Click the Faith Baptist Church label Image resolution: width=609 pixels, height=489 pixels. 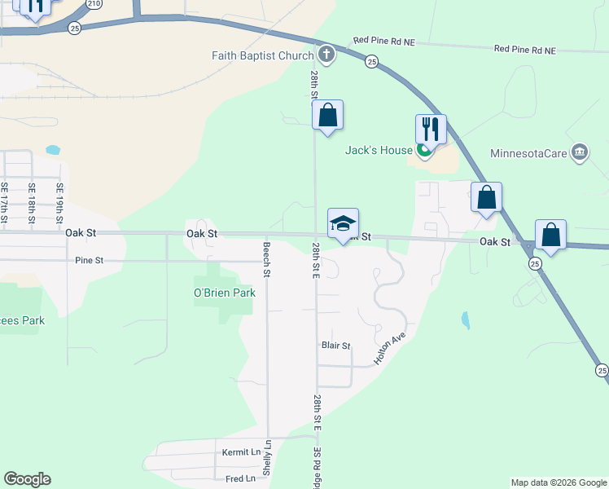262,55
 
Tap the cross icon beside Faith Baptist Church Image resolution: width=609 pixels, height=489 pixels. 326,55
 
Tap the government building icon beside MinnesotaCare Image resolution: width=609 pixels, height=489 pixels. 580,152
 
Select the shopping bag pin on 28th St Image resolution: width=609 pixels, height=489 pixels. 327,115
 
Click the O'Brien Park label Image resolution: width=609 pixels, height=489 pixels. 225,293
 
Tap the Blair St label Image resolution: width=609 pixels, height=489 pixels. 335,346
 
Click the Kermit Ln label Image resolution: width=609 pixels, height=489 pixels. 242,452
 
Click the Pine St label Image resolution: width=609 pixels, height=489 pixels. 89,261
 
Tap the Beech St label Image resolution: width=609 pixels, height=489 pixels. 266,259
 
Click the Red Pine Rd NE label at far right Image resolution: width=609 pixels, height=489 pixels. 524,50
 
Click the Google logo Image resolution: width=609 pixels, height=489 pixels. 27,479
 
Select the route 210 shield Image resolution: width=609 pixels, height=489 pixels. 95,3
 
